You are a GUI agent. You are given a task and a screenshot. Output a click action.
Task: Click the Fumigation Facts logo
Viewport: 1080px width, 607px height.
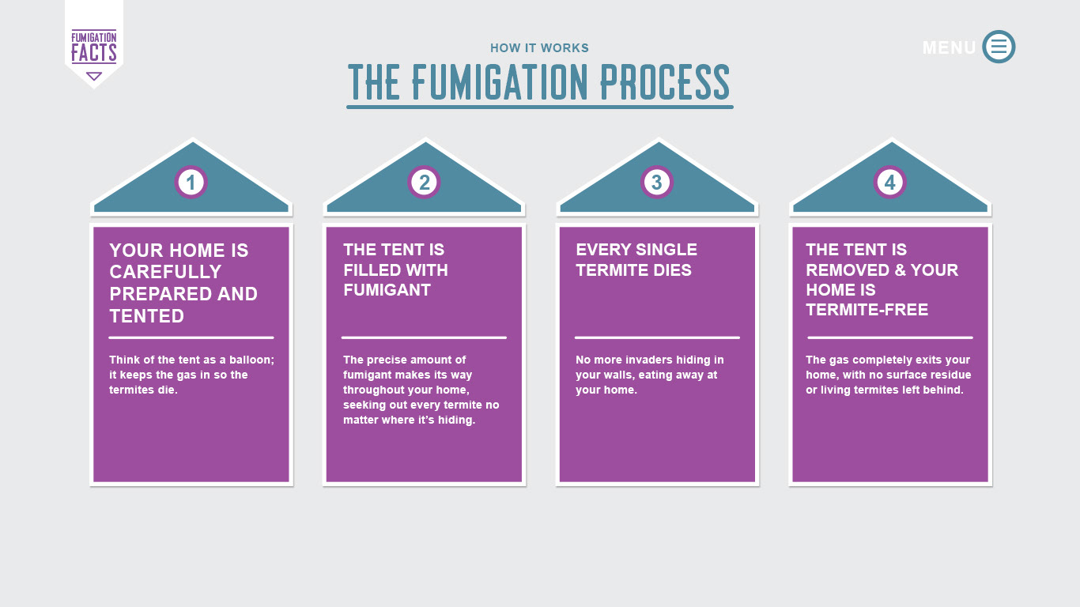[x=94, y=47]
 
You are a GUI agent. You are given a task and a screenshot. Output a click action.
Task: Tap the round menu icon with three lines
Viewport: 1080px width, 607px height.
[x=999, y=47]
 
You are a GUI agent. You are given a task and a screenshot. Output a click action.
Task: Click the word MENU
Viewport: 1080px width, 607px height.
[x=949, y=47]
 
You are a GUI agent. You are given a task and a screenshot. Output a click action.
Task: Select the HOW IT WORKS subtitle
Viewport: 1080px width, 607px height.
[x=539, y=47]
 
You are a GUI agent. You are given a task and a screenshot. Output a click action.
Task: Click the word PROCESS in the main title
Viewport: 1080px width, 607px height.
[x=665, y=82]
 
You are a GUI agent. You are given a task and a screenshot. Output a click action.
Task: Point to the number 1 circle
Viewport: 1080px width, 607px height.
[x=191, y=183]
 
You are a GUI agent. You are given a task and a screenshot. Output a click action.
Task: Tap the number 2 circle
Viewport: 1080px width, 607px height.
[x=424, y=183]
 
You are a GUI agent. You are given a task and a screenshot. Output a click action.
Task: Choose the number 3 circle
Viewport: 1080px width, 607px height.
[x=657, y=183]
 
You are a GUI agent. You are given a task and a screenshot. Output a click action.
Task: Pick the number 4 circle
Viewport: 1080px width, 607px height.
[x=890, y=183]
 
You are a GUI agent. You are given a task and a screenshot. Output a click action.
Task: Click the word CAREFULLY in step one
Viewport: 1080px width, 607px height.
[x=165, y=272]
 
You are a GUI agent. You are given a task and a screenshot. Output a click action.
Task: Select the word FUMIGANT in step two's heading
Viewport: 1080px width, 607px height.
[x=387, y=290]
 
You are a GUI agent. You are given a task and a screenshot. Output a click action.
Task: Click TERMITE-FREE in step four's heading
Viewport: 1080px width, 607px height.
[x=867, y=310]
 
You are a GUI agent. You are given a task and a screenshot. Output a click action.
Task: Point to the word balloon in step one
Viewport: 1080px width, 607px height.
[x=251, y=360]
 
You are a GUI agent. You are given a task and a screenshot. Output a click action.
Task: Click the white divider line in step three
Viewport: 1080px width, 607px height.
[x=657, y=337]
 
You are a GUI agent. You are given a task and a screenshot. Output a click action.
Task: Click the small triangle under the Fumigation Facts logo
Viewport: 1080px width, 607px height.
[x=94, y=76]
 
